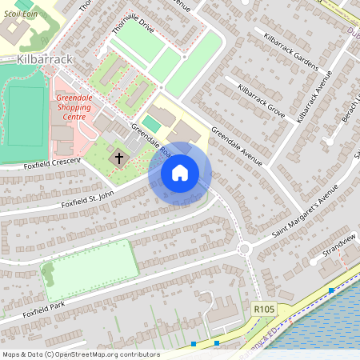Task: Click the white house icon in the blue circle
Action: (x=180, y=173)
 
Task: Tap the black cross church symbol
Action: (x=119, y=158)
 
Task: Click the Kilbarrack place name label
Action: (x=45, y=60)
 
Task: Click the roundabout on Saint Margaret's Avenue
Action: (x=246, y=250)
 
